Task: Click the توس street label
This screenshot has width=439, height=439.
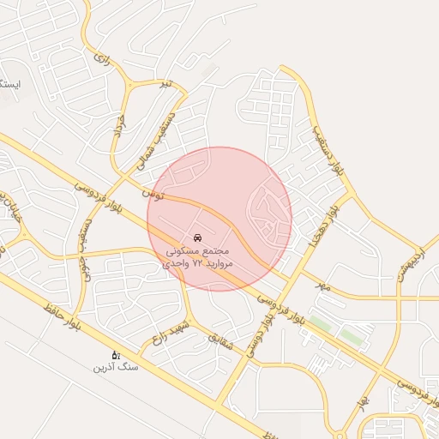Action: [x=154, y=195]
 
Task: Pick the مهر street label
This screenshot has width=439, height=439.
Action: [x=322, y=283]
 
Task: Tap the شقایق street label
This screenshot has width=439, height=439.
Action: [x=220, y=340]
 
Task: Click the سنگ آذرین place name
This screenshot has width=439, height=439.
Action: [x=115, y=367]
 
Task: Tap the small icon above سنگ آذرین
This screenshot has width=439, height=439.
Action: [x=116, y=354]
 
